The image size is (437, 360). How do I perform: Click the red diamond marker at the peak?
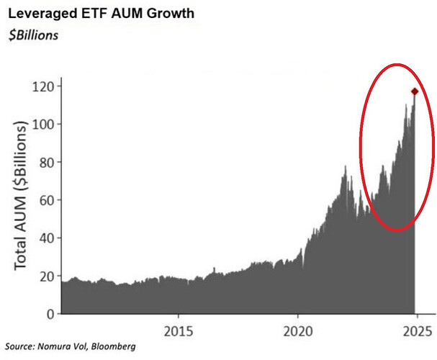(415, 91)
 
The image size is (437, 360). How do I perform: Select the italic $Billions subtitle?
(35, 35)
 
